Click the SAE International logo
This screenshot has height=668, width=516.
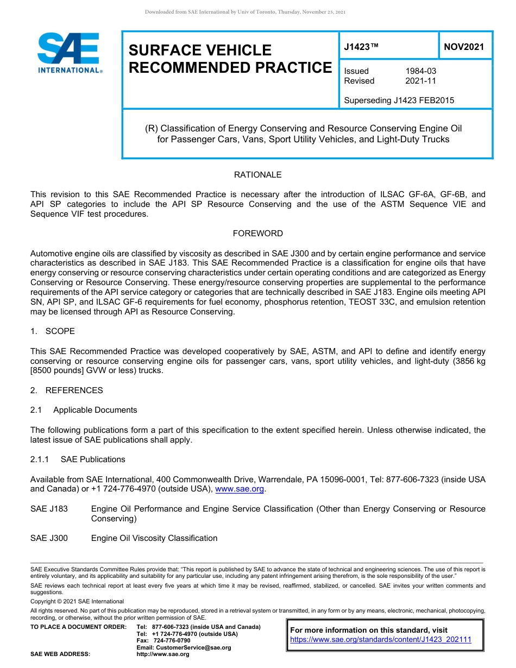69,53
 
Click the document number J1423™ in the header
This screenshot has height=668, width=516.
361,47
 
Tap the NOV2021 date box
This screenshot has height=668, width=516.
463,47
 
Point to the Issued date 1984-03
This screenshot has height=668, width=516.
420,71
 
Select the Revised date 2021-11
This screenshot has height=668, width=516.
420,81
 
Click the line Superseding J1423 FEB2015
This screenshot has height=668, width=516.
399,100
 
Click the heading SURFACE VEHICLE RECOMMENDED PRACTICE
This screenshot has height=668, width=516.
229,59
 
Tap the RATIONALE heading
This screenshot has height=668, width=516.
257,175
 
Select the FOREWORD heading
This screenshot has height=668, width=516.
257,234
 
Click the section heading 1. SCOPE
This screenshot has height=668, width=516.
53,331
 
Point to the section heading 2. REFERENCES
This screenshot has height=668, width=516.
66,390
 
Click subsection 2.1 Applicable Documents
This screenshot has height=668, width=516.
84,410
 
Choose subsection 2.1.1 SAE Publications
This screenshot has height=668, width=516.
78,459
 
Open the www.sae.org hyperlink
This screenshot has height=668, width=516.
240,489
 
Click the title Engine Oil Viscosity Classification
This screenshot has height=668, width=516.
154,538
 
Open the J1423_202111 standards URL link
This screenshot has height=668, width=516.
381,640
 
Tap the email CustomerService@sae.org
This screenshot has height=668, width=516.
184,647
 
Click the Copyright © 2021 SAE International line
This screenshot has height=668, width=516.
77,601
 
